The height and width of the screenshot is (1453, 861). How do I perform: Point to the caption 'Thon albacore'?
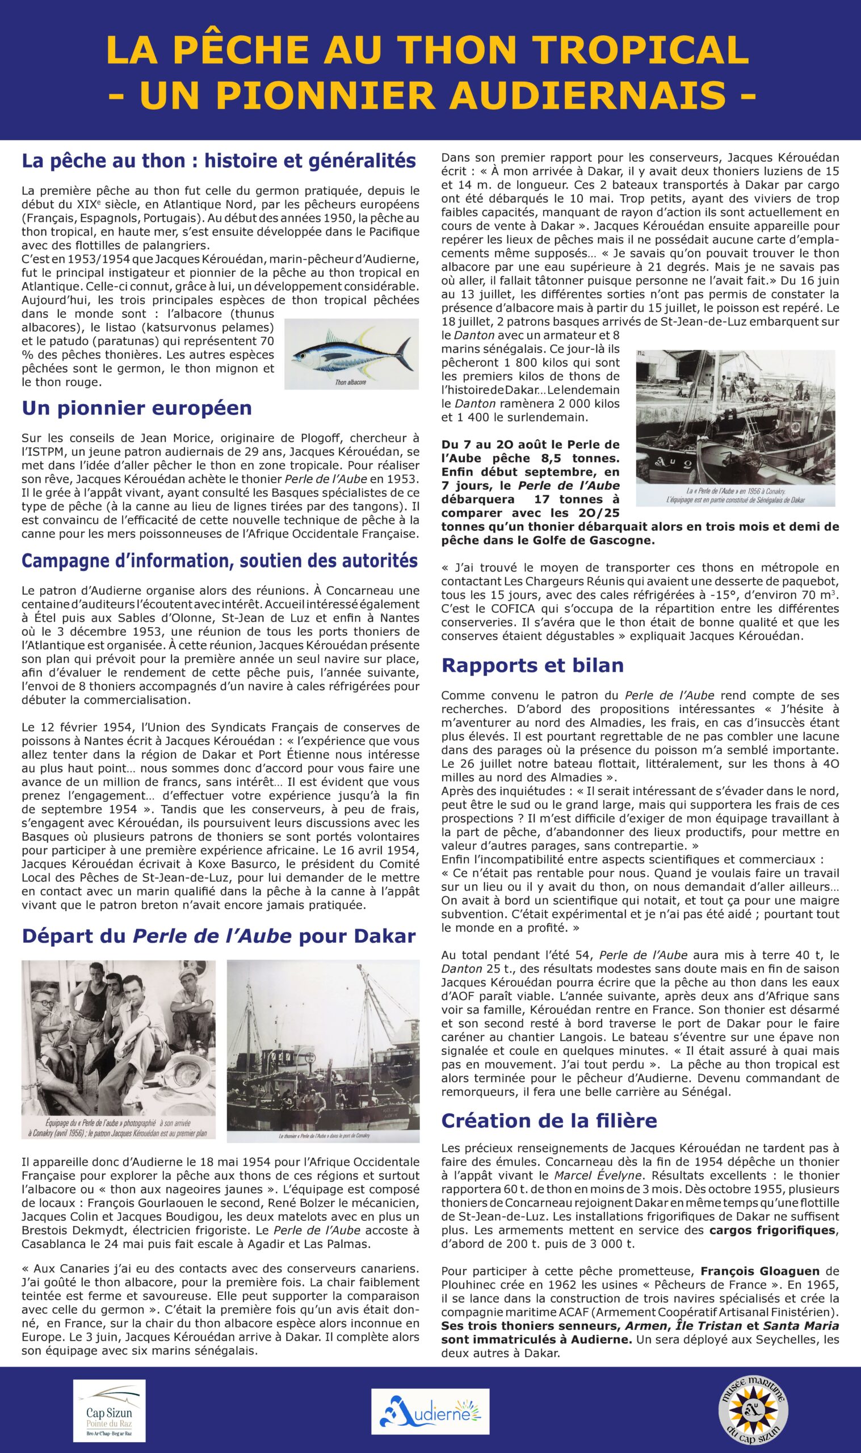pyautogui.click(x=351, y=383)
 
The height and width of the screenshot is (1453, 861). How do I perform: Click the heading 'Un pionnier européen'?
pyautogui.click(x=137, y=408)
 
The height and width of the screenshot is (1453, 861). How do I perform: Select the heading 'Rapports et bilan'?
pyautogui.click(x=532, y=665)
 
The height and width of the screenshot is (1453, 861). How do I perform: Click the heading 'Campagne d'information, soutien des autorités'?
pyautogui.click(x=219, y=561)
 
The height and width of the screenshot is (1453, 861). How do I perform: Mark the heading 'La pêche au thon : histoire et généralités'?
pyautogui.click(x=219, y=161)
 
